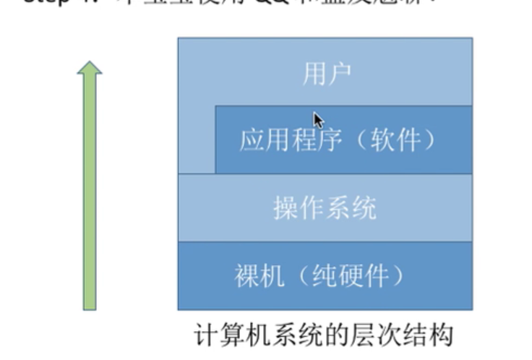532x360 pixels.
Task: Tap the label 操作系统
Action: (325, 208)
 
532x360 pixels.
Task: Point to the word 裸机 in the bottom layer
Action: (259, 276)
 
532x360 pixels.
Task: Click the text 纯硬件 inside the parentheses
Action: (352, 276)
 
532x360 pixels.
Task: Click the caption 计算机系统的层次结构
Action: (325, 335)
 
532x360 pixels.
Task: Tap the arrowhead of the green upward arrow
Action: (89, 68)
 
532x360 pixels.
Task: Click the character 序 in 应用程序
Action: (316, 140)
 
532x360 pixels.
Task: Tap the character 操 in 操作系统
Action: (286, 208)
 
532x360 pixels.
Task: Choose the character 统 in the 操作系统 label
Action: (365, 208)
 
